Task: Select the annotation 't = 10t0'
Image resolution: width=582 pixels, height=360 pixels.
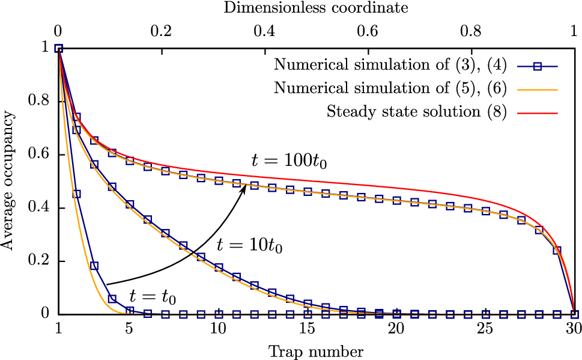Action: [x=249, y=245]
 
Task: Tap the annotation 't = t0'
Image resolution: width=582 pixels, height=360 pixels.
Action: [x=152, y=295]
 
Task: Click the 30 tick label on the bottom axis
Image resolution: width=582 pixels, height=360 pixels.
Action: [x=574, y=330]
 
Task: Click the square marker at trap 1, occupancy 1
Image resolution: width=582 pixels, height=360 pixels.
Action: [x=58, y=49]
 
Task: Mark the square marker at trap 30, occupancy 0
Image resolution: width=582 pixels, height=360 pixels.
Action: [x=574, y=314]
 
